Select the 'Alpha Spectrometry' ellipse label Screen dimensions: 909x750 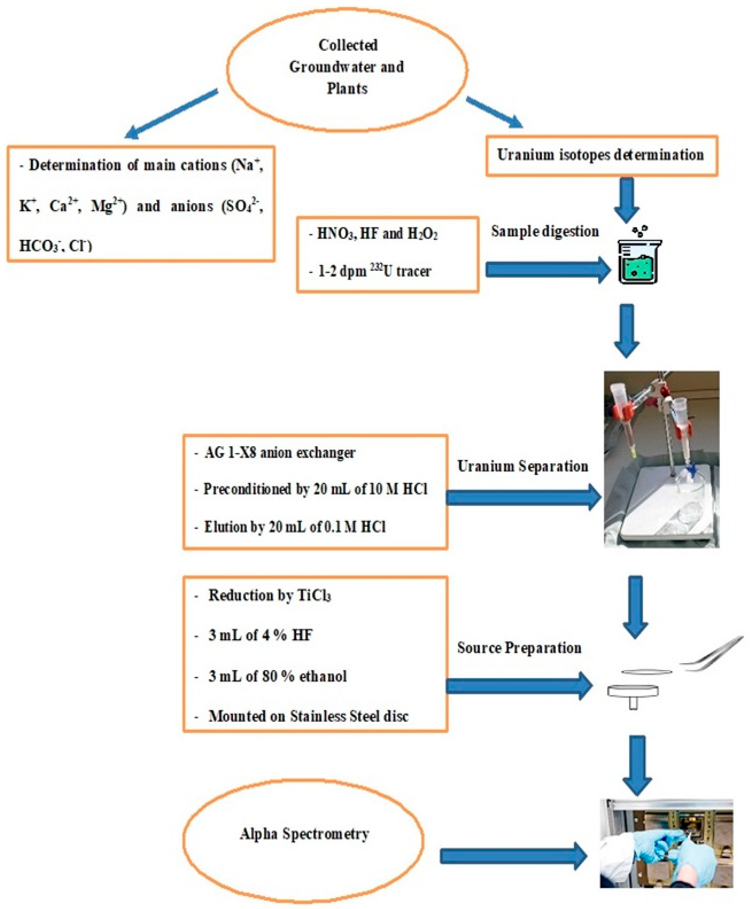tap(304, 834)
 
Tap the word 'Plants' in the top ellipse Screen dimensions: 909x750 tap(347, 88)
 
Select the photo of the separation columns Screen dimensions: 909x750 tap(661, 459)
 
